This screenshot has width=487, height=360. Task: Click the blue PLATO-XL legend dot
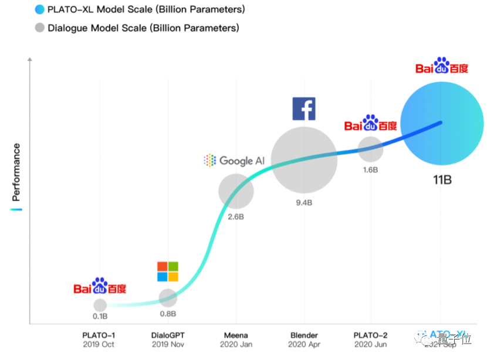39,9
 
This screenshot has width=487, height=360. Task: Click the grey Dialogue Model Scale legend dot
39,28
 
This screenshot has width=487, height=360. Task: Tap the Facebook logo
304,109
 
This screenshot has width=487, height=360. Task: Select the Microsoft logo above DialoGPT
167,271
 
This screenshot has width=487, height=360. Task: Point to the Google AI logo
234,160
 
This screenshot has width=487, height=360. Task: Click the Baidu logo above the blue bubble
442,67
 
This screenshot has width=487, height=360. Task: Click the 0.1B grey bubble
100,305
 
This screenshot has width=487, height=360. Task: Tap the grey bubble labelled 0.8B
168,297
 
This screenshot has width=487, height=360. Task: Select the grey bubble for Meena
236,191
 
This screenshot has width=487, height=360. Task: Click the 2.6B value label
235,217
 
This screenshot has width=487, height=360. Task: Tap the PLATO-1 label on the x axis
99,335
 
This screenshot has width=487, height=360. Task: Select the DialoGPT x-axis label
168,335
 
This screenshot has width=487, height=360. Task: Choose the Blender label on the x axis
304,335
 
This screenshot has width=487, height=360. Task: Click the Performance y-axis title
16,170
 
